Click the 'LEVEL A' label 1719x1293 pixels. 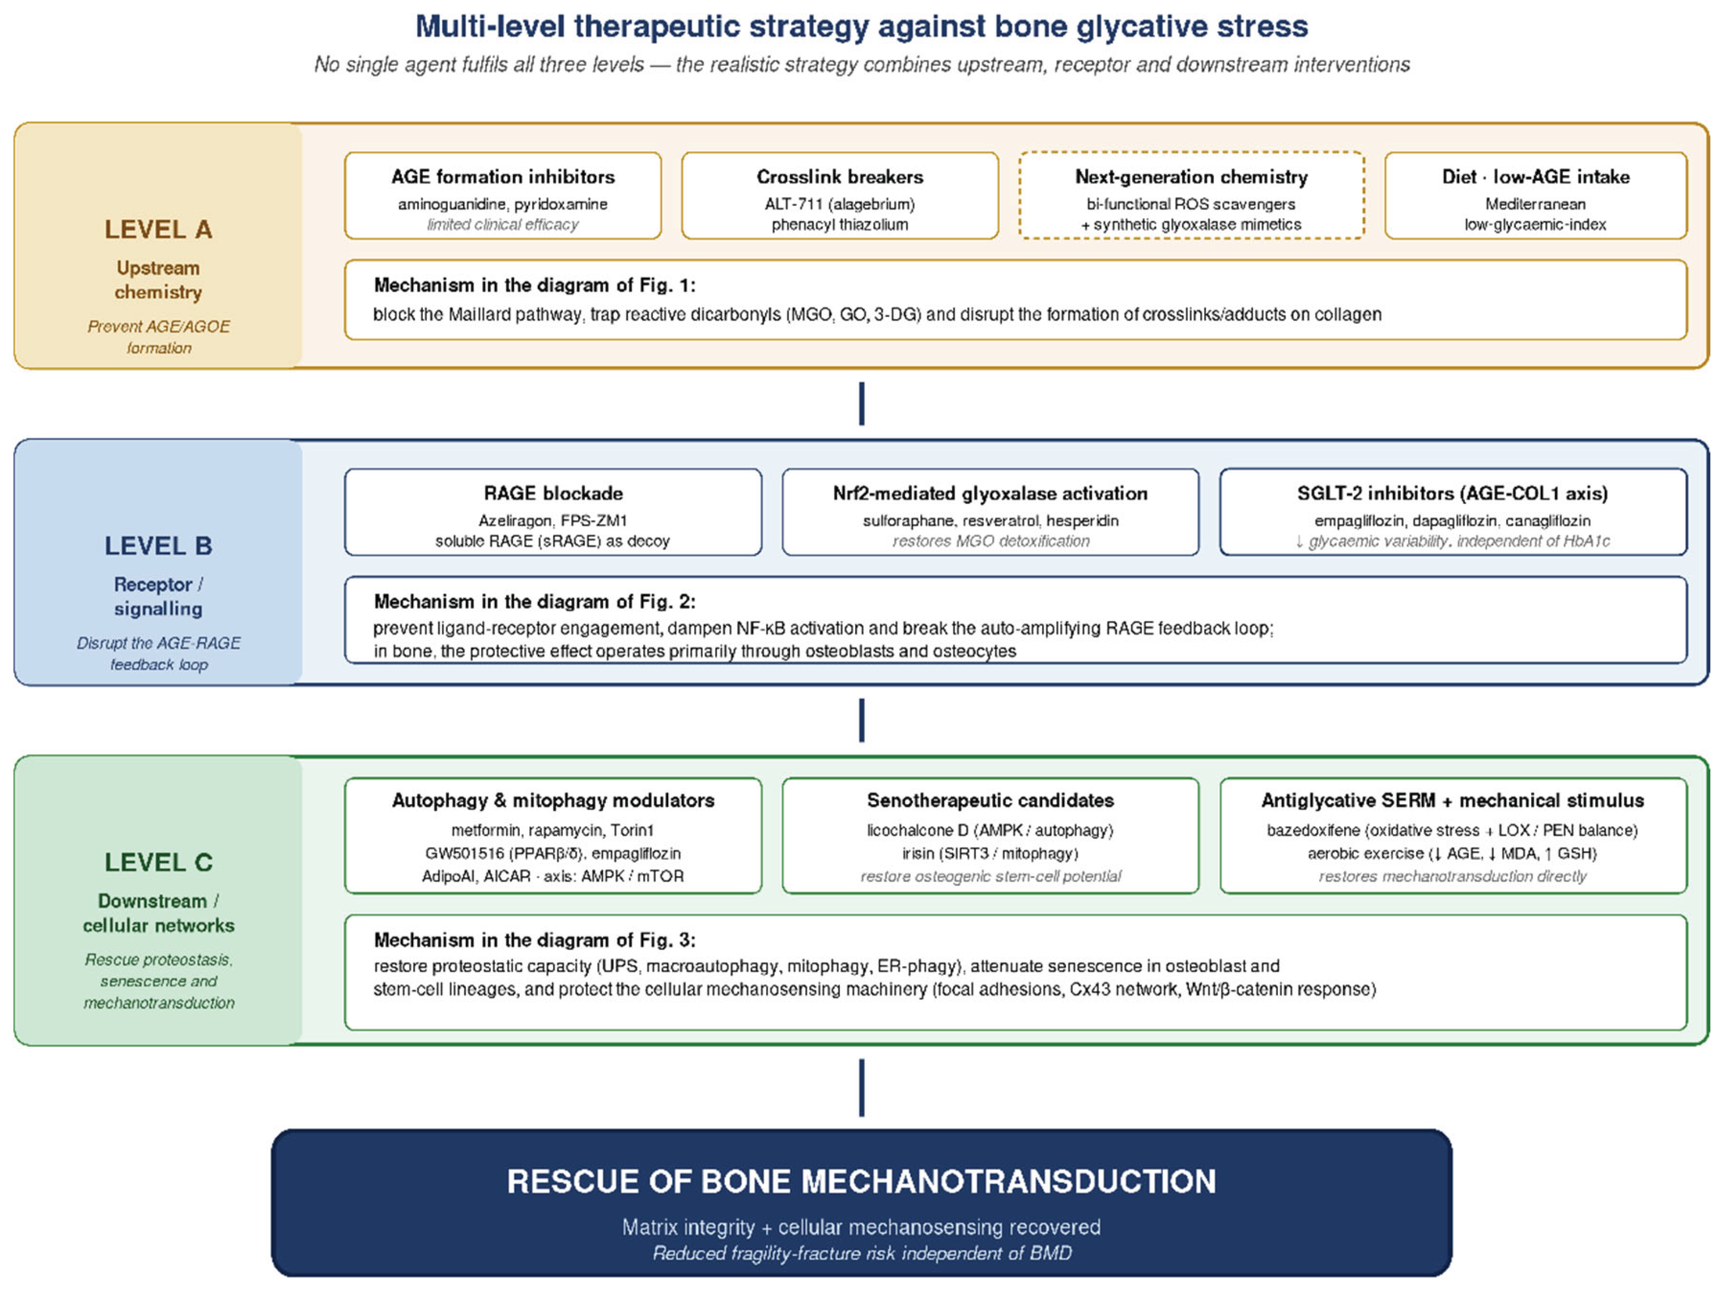point(158,229)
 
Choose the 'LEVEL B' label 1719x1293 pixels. point(158,546)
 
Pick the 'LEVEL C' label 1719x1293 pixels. point(158,862)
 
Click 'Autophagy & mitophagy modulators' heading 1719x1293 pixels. point(553,801)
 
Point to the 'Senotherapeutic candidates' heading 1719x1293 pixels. point(990,801)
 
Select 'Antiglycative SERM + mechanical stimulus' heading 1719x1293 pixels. point(1453,801)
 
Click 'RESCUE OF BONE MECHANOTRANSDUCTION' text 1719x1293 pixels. point(861,1181)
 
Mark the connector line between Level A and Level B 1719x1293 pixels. point(861,404)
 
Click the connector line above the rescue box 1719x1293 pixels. point(861,1087)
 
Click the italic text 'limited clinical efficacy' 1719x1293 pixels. point(503,225)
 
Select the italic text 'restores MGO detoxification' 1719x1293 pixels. point(990,541)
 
